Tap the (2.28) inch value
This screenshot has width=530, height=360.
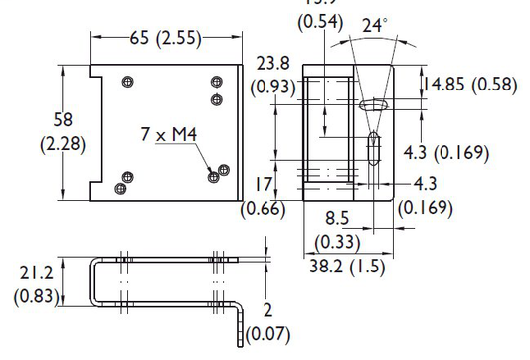62,144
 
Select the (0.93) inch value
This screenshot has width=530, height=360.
273,87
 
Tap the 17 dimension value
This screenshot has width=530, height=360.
264,184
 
